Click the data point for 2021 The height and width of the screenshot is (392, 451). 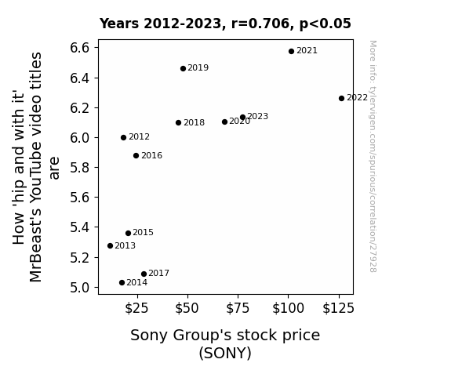click(x=291, y=51)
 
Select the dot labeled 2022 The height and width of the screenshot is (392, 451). click(x=341, y=98)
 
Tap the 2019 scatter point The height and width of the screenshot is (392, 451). click(x=183, y=68)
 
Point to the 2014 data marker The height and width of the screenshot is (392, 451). click(x=122, y=283)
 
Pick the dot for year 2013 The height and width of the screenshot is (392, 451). click(x=110, y=245)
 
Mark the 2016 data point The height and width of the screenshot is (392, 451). click(x=136, y=155)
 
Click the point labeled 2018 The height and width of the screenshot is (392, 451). click(x=178, y=123)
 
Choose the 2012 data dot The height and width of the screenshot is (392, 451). click(x=123, y=137)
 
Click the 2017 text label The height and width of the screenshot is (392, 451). click(x=158, y=273)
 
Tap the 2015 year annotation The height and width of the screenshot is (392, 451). click(x=143, y=232)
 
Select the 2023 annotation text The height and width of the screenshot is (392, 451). click(x=258, y=116)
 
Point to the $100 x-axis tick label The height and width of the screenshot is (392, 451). click(x=288, y=308)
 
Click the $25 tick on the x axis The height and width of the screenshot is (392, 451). click(x=136, y=308)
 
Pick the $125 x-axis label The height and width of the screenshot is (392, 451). click(x=338, y=308)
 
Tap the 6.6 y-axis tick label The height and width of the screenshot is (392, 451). click(x=80, y=48)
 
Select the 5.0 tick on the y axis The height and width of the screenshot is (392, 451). click(x=80, y=287)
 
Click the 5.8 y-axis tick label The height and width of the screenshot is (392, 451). click(x=80, y=167)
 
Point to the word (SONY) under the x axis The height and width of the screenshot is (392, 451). click(x=225, y=353)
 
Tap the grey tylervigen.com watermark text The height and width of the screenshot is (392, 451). click(x=373, y=156)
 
